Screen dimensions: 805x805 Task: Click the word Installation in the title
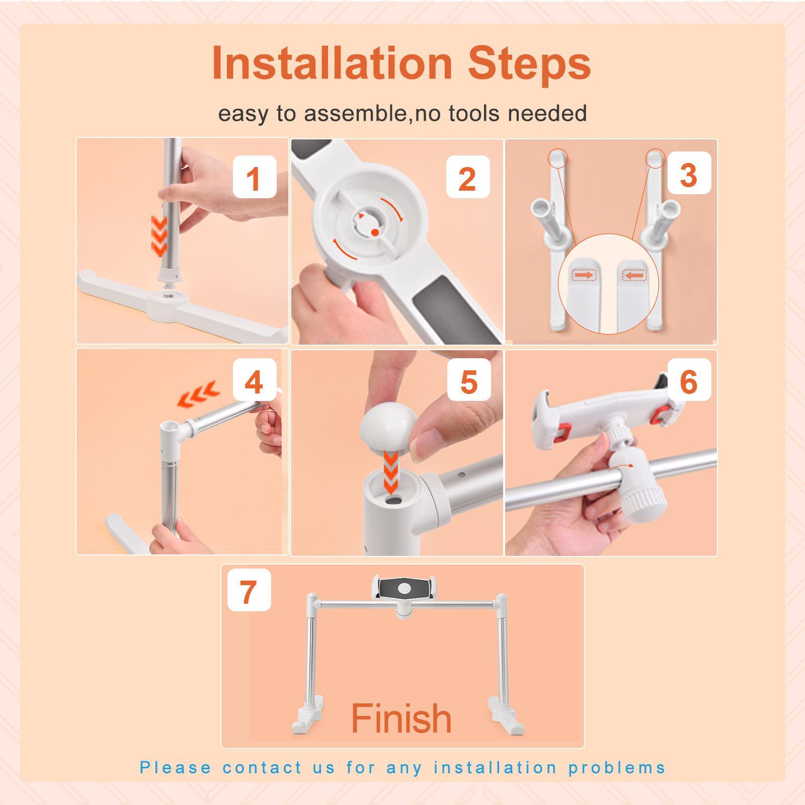332,63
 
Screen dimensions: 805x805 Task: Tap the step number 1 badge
254,177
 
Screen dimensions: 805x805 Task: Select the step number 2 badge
467,177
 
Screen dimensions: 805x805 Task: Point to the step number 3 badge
689,174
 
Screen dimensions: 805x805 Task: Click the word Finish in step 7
401,718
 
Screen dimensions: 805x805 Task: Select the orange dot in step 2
375,232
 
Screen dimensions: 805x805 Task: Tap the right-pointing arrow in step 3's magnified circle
584,275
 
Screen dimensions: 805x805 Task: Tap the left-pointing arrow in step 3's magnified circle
634,275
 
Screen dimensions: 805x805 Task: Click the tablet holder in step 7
403,588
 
